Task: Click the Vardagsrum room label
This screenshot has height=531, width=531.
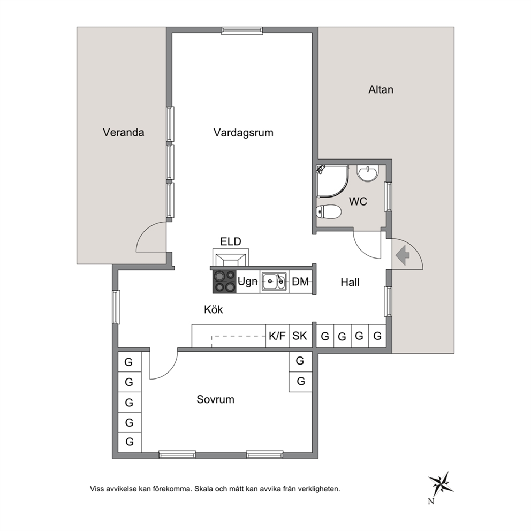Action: coord(243,132)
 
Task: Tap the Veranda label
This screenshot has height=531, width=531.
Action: coord(123,132)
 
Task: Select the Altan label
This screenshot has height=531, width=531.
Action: coord(381,89)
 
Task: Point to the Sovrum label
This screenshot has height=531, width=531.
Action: coord(215,399)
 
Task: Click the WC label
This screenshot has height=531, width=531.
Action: coord(358,201)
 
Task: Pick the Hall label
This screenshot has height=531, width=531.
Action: coord(350,282)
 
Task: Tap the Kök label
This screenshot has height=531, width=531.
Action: coord(214,309)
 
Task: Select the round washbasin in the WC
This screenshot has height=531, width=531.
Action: coord(367,173)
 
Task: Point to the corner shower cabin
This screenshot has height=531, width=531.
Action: coord(332,181)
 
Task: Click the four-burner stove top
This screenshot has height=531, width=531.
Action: coord(224,282)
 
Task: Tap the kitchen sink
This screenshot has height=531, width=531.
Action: coord(274,282)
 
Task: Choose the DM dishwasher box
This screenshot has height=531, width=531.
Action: coord(300,282)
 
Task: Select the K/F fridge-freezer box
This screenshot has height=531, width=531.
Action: coord(277,336)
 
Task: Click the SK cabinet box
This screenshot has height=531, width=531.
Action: coord(300,336)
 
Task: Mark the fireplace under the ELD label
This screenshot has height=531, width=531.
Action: coord(231,258)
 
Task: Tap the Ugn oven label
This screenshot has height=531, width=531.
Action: coord(247,282)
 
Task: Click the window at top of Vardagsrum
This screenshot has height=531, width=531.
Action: coord(242,31)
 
